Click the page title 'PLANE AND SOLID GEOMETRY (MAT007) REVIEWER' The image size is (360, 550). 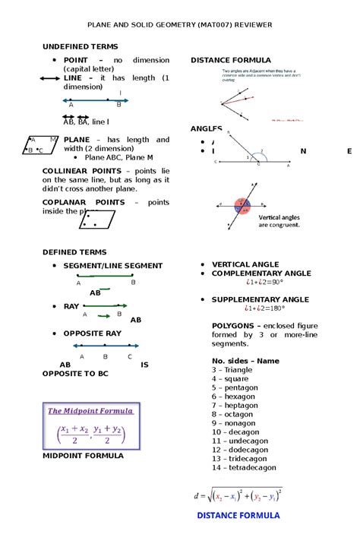pos(180,25)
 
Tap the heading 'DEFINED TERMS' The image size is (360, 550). pos(74,251)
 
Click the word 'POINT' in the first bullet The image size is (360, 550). pos(76,60)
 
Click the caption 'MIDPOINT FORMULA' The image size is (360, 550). pos(83,456)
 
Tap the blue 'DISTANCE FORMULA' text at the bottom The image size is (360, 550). pos(238,515)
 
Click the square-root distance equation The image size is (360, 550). pos(238,497)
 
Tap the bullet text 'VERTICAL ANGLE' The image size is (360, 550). pos(245,264)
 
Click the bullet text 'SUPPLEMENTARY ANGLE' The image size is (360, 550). pos(260,299)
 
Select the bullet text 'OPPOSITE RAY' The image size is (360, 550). pos(92,333)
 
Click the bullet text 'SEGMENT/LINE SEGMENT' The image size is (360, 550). pos(112,265)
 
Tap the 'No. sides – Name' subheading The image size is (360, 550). pos(245,360)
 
